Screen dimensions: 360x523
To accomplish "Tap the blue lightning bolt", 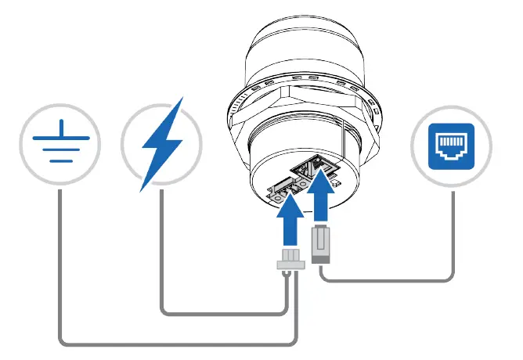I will tap(162, 144).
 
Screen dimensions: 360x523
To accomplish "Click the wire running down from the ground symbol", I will tap(60, 266).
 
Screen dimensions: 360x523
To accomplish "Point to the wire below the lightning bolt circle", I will tap(162, 250).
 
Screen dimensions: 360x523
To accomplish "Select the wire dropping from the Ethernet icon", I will tap(453, 235).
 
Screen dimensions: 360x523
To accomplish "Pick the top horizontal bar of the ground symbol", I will tap(60, 136).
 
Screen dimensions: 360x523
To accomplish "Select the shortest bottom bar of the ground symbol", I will tap(60, 160).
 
